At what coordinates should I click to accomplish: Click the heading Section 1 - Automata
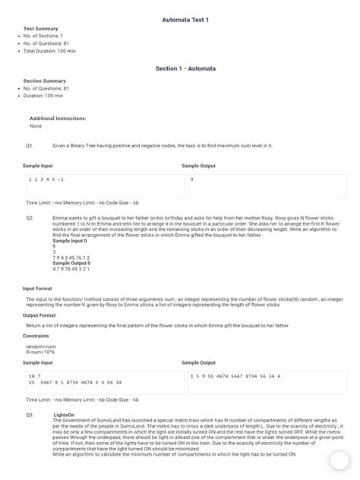coord(186,68)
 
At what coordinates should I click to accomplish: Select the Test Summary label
coord(41,28)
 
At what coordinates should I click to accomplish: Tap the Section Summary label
coord(44,81)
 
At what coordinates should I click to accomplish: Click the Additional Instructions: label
coord(58,118)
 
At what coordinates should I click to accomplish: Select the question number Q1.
coord(30,144)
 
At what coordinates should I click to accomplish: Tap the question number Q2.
coord(30,217)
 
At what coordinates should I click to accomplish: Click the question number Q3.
coord(30,415)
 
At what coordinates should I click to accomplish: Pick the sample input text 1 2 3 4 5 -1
coord(46,179)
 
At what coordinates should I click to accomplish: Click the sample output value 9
coord(192,179)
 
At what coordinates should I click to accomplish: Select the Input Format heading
coord(38,289)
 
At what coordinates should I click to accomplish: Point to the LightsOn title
coord(65,415)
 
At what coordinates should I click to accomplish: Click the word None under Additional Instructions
coord(36,126)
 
